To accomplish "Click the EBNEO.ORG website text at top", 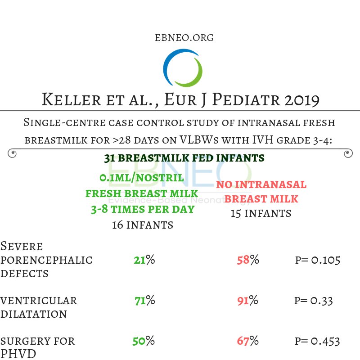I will pyautogui.click(x=184, y=37).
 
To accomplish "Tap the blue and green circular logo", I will pyautogui.click(x=183, y=68).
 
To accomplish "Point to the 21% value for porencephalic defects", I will pyautogui.click(x=144, y=260).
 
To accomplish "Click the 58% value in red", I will pyautogui.click(x=248, y=260).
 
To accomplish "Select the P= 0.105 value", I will pyautogui.click(x=318, y=260).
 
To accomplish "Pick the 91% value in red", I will pyautogui.click(x=247, y=300).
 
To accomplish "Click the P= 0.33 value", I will pyautogui.click(x=314, y=300).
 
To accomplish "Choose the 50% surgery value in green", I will pyautogui.click(x=144, y=341).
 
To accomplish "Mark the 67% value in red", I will pyautogui.click(x=247, y=341).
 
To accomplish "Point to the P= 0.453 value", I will pyautogui.click(x=317, y=341).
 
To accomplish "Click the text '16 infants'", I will pyautogui.click(x=142, y=225).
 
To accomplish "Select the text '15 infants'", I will pyautogui.click(x=261, y=213).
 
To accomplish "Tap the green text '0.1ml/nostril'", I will pyautogui.click(x=142, y=178).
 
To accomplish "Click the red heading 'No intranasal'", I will pyautogui.click(x=261, y=184).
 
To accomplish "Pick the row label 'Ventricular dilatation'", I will pyautogui.click(x=39, y=307).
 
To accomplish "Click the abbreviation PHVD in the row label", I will pyautogui.click(x=21, y=354).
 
